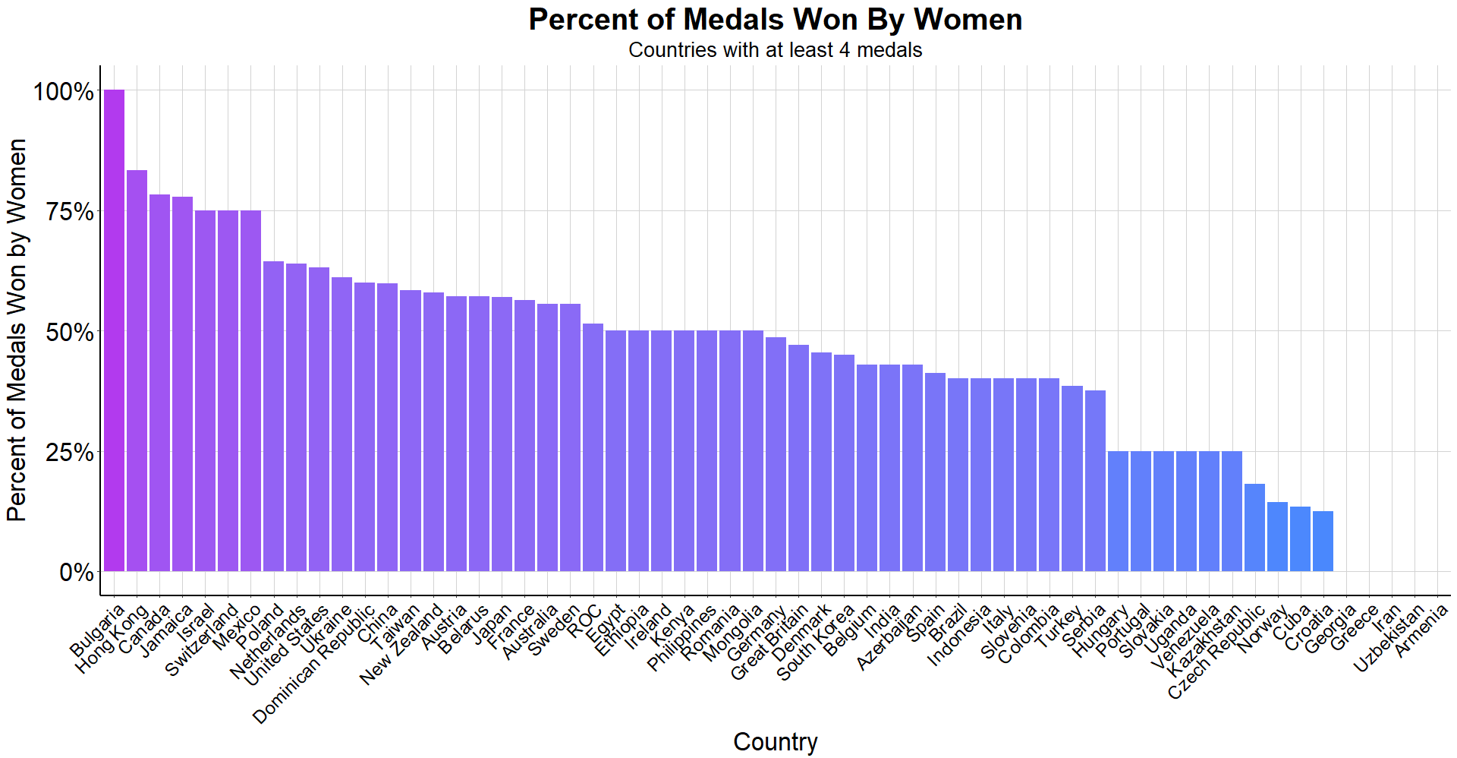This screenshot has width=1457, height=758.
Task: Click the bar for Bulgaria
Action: pos(114,330)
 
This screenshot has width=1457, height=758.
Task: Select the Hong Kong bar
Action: pos(137,371)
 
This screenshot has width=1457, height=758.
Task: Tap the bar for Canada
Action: pos(159,383)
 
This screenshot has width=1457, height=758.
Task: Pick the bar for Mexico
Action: pos(250,390)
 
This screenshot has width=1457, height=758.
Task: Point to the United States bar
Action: pos(319,419)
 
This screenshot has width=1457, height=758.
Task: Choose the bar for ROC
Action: pos(593,447)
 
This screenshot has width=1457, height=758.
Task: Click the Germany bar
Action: pos(776,454)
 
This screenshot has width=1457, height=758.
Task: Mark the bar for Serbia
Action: pos(1095,481)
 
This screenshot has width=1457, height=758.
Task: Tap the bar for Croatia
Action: pos(1323,541)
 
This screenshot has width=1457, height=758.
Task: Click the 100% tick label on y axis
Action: pos(64,92)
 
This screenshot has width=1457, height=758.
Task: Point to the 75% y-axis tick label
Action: pos(71,212)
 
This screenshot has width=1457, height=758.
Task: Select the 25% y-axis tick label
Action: pos(71,453)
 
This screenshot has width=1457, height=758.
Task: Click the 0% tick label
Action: pos(77,572)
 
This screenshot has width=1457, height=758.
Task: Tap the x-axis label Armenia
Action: pos(1421,630)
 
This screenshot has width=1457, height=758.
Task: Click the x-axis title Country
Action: pos(775,741)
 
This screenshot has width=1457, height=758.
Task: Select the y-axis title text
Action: pos(17,330)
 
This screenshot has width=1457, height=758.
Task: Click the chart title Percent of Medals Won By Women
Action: pos(775,20)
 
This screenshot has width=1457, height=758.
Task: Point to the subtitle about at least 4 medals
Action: pos(775,50)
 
